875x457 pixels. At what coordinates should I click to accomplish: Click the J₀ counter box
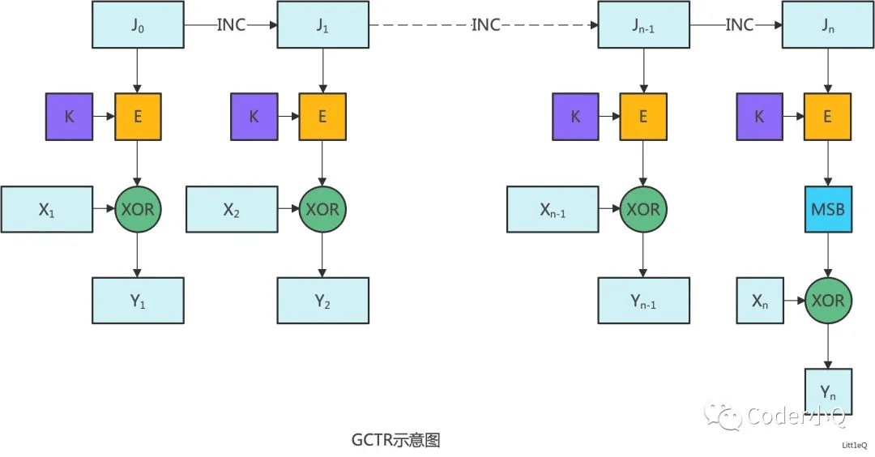tap(138, 24)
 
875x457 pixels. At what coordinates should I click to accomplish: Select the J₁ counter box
tap(322, 24)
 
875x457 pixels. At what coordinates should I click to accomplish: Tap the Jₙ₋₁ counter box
tap(643, 24)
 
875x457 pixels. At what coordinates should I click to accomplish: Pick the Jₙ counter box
tap(827, 24)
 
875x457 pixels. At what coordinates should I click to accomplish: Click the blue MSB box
tap(827, 209)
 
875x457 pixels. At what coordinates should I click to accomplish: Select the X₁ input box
tap(46, 209)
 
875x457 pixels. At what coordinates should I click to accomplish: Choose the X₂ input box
tap(231, 209)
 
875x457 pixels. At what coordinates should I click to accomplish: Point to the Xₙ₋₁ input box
tap(553, 209)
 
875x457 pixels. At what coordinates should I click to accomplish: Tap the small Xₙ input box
tap(760, 301)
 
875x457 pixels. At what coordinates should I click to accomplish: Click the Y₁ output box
tap(138, 301)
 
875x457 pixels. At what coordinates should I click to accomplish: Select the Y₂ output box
tap(322, 301)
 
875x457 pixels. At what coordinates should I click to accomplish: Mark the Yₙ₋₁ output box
tap(643, 301)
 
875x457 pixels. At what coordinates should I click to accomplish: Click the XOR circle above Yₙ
tap(827, 301)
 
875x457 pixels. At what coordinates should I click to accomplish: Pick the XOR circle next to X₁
tap(138, 209)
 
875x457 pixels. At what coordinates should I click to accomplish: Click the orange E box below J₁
tap(322, 117)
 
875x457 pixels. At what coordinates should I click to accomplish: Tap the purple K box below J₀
tap(69, 117)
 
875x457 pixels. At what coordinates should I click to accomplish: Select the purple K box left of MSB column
tap(759, 117)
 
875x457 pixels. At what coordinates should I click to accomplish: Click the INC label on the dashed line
tap(486, 25)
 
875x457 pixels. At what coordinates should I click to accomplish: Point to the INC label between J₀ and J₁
tap(231, 25)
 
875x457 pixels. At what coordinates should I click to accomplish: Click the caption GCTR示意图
tap(396, 440)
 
